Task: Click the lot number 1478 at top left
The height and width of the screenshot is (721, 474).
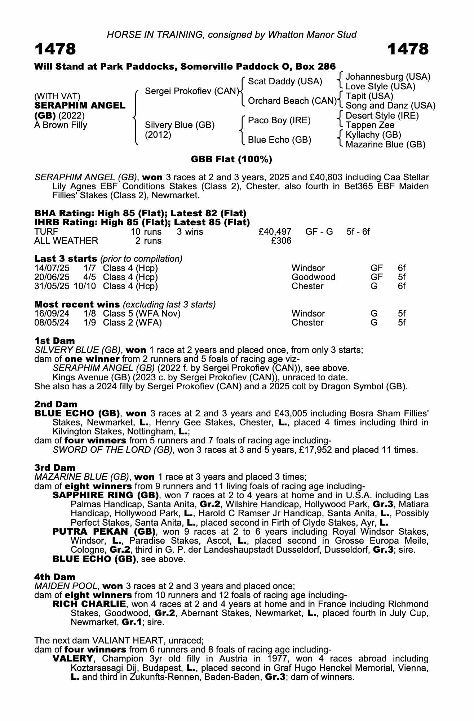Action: point(55,49)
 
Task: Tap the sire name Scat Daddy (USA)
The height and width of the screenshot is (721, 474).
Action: point(285,81)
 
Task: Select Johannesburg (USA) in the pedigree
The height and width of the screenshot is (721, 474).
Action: point(388,77)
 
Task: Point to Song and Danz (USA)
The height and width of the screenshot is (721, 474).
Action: point(390,106)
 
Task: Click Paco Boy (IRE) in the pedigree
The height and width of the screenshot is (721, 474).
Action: point(279,120)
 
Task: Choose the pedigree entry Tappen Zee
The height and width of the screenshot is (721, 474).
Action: point(370,125)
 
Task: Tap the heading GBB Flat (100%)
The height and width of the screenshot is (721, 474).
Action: point(231,159)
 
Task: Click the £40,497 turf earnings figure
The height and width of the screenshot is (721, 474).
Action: point(275,231)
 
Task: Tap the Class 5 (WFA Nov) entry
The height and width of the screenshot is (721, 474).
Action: point(142,314)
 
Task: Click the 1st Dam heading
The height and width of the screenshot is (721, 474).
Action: point(55,341)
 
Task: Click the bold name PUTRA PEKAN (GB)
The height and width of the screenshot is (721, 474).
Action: point(104,532)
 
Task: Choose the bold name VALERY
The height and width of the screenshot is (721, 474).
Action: point(73,659)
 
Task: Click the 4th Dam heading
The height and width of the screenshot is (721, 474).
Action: point(55,577)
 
